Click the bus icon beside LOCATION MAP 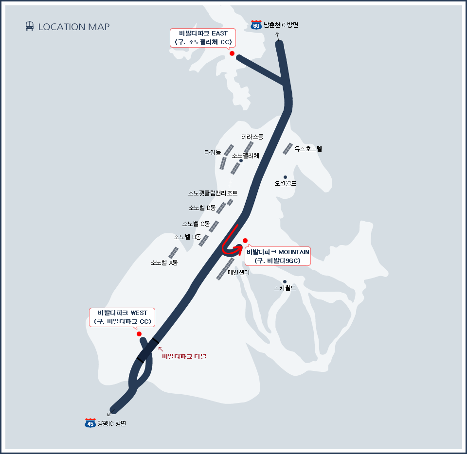[30, 26]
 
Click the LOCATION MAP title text [74, 27]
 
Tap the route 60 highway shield [256, 25]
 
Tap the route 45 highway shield [90, 423]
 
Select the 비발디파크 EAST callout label [203, 38]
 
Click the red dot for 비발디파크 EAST [232, 53]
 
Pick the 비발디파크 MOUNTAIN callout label [278, 256]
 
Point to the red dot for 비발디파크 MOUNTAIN [245, 241]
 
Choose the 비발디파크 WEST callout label [123, 317]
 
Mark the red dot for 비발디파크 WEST [139, 334]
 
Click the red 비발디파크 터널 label [184, 357]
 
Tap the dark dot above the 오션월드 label [285, 177]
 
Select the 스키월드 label [285, 288]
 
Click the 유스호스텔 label [308, 149]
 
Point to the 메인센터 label [238, 273]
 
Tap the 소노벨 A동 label [164, 262]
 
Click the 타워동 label [213, 152]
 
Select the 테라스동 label [252, 137]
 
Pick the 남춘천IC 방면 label [281, 25]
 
